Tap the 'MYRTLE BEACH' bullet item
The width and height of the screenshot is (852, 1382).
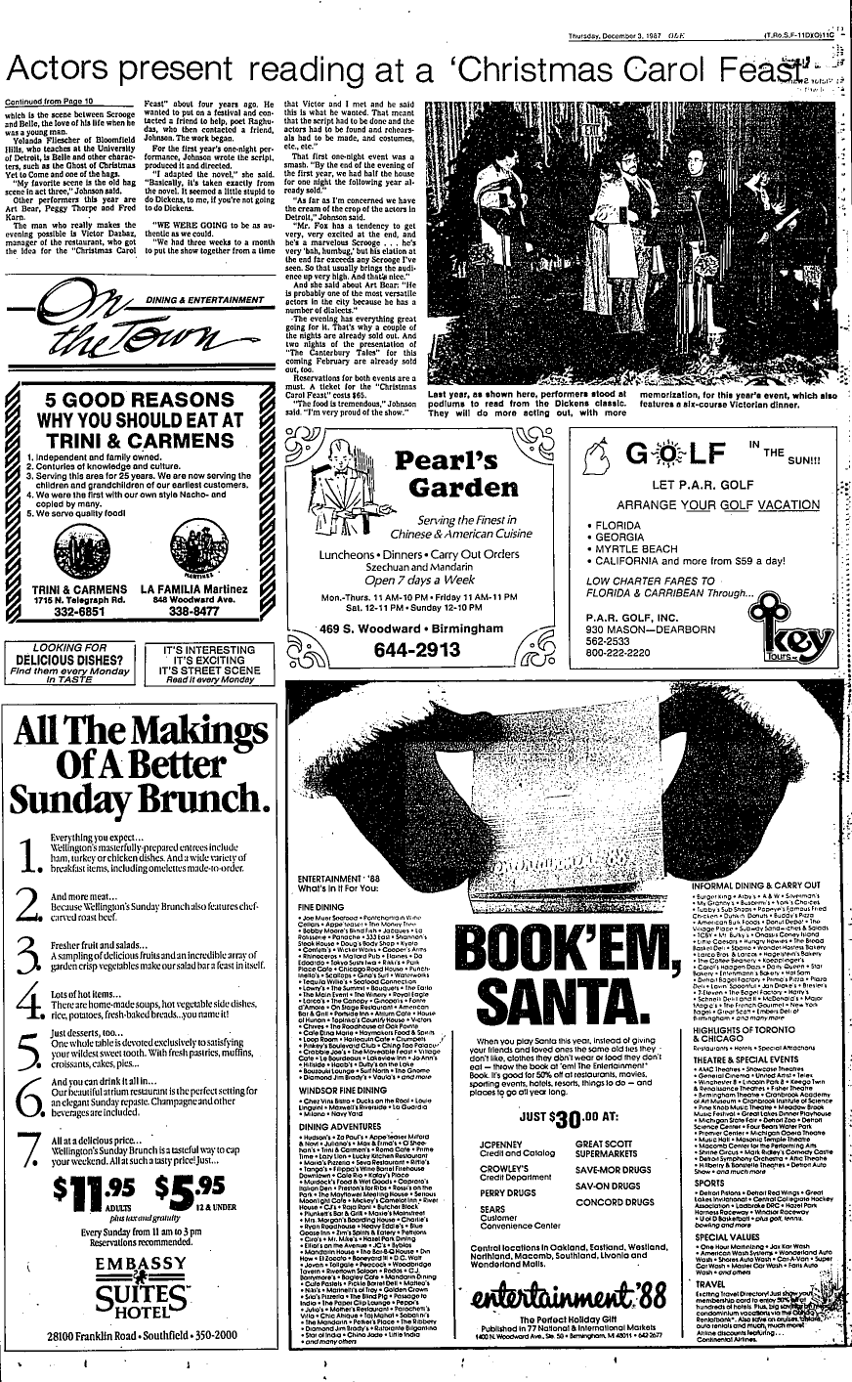coord(640,549)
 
